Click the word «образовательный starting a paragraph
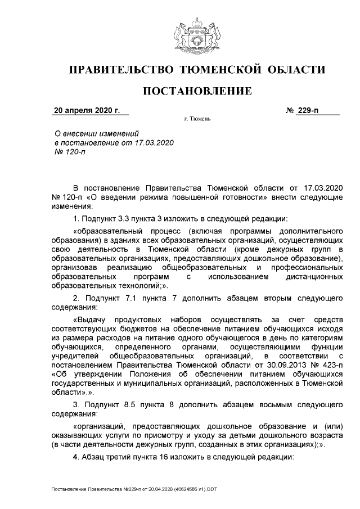click(107, 231)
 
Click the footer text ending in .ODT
click(133, 490)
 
